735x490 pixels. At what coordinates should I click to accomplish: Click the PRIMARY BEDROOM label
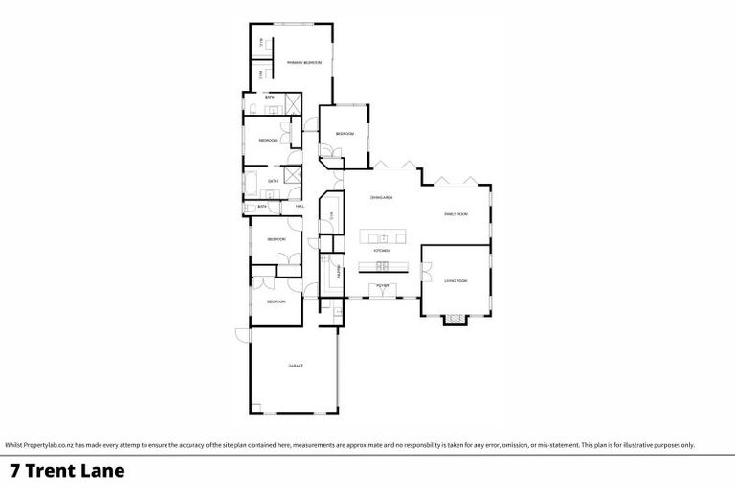303,62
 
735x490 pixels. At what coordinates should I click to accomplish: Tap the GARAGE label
296,366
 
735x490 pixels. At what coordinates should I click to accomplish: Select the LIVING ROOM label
456,280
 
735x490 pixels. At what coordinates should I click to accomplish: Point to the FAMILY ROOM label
456,214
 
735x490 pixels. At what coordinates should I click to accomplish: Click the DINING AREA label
382,197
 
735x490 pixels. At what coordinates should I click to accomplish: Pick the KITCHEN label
381,250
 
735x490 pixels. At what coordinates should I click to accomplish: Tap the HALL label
300,206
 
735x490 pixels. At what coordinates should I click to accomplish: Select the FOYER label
382,286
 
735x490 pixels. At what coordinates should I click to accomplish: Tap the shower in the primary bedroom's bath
294,104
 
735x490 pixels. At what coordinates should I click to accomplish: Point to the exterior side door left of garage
241,335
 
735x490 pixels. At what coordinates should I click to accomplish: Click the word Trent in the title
56,471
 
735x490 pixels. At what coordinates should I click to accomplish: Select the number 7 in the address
14,471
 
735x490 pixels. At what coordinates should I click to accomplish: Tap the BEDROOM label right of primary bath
344,134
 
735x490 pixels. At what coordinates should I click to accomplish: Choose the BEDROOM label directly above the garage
276,301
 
